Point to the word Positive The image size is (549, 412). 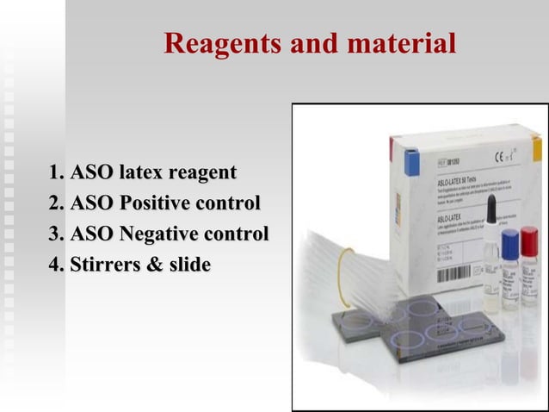point(160,203)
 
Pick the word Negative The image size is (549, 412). point(163,234)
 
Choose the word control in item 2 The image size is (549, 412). point(231,203)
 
